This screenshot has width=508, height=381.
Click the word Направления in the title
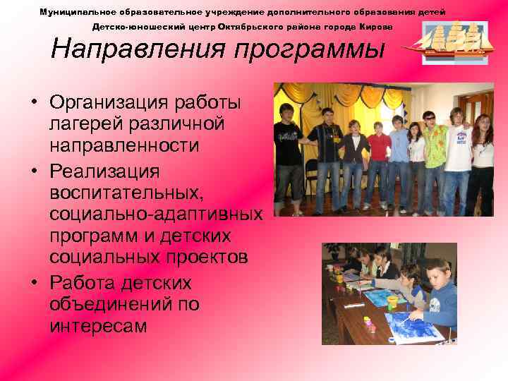138,50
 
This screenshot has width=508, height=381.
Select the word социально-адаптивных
155,214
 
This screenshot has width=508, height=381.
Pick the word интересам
98,326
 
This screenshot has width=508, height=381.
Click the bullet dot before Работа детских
33,283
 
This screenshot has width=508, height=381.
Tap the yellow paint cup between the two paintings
392,301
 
